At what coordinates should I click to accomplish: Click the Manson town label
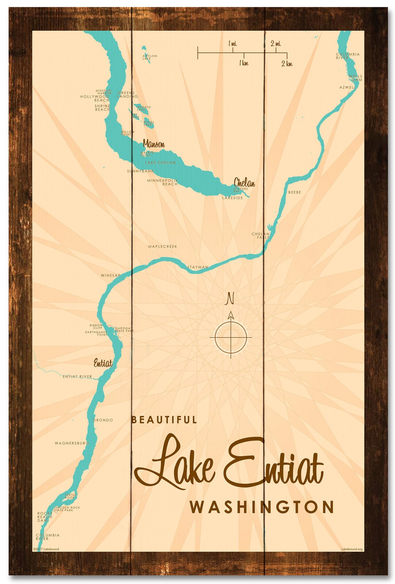pyautogui.click(x=154, y=144)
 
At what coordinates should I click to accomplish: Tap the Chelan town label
pyautogui.click(x=244, y=182)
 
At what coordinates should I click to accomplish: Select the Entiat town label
pyautogui.click(x=103, y=363)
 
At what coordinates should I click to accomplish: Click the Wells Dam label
pyautogui.click(x=355, y=78)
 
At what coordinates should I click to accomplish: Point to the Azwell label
pyautogui.click(x=347, y=87)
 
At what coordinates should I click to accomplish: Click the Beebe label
pyautogui.click(x=294, y=192)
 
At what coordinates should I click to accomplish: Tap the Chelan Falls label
pyautogui.click(x=260, y=236)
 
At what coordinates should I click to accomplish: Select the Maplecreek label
pyautogui.click(x=162, y=247)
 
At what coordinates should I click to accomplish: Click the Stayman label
pyautogui.click(x=198, y=267)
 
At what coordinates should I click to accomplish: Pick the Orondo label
pyautogui.click(x=103, y=420)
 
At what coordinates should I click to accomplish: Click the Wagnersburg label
pyautogui.click(x=72, y=443)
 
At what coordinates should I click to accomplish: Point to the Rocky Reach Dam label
pyautogui.click(x=45, y=517)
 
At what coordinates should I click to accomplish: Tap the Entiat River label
pyautogui.click(x=77, y=377)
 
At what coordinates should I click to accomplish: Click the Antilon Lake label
pyautogui.click(x=150, y=57)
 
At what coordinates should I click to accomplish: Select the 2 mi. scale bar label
pyautogui.click(x=276, y=44)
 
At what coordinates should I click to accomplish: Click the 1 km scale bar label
pyautogui.click(x=244, y=63)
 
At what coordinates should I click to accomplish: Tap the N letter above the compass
pyautogui.click(x=230, y=298)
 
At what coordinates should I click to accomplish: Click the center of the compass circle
pyautogui.click(x=231, y=337)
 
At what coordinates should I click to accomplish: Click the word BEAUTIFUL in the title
pyautogui.click(x=164, y=420)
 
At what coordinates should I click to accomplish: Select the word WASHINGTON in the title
pyautogui.click(x=262, y=507)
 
